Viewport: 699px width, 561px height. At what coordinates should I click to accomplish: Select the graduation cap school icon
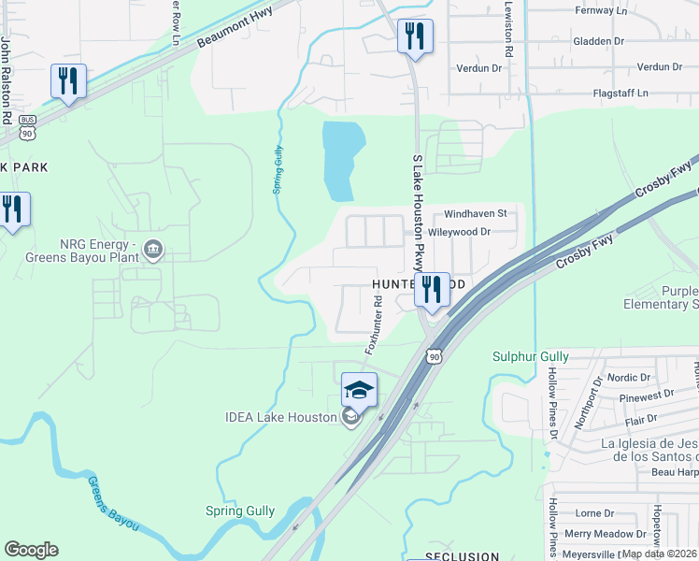pos(359,389)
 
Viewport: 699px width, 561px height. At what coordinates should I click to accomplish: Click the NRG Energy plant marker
pos(154,250)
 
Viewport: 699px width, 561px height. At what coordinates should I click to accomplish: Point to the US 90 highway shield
pos(434,355)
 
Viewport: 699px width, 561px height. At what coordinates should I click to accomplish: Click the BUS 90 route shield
pos(27,128)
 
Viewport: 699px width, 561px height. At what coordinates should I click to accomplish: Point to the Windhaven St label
pos(474,213)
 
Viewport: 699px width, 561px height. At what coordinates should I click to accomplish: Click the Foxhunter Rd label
pos(374,324)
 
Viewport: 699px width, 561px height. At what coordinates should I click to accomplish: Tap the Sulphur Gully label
pos(530,356)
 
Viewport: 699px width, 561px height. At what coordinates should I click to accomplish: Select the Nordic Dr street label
pos(628,378)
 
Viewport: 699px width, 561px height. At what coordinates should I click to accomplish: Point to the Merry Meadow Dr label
pos(606,533)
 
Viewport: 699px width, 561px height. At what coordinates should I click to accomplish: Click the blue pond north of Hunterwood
pos(338,159)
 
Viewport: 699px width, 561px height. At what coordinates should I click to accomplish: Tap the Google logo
pos(31,550)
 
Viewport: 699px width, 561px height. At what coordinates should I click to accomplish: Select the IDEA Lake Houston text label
pos(279,417)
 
